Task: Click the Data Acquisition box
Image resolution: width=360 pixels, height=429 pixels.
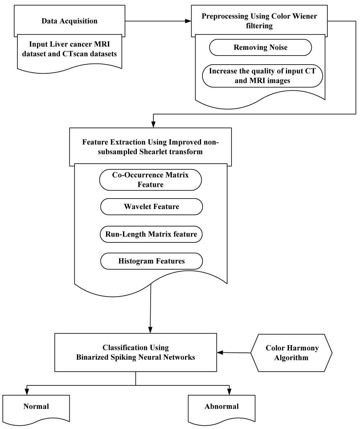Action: tap(69, 21)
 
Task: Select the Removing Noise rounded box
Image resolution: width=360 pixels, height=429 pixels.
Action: tap(261, 47)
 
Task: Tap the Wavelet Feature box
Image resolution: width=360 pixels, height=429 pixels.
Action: tap(152, 207)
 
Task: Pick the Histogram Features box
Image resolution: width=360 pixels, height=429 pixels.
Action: tap(152, 261)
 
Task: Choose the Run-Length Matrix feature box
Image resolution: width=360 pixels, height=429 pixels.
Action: tap(151, 234)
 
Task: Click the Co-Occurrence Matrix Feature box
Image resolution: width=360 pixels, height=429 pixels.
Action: tap(151, 180)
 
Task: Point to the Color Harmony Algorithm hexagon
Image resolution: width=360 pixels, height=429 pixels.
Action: tap(291, 353)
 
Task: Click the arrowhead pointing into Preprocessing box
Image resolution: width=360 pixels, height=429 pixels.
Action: tap(188, 21)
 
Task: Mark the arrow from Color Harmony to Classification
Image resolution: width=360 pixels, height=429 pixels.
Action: tap(234, 353)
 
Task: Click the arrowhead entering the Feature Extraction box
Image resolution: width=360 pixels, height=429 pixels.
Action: tap(154, 124)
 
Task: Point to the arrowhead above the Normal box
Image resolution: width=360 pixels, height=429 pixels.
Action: tap(27, 392)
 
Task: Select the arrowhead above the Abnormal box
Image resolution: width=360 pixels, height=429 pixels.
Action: tap(229, 392)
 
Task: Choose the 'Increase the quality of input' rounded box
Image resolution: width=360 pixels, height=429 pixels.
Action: tap(262, 76)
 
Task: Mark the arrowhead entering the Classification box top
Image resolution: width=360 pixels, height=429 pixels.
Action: tap(150, 330)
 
